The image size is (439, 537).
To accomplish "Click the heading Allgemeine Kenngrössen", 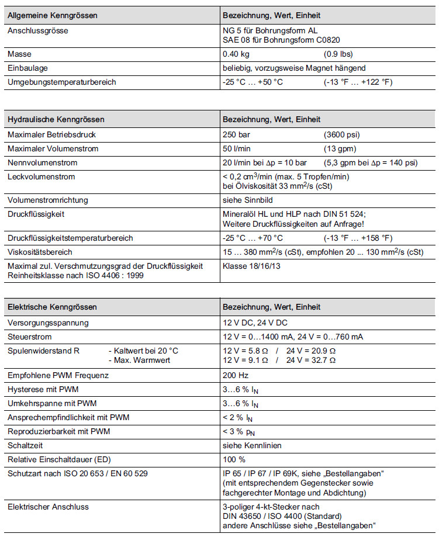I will point(53,15).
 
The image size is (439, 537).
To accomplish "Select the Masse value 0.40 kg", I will point(237,54).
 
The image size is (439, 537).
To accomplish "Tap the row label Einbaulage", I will point(27,68).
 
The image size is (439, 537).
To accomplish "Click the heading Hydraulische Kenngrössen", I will point(56,120).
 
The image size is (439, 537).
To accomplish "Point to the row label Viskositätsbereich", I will point(40,252).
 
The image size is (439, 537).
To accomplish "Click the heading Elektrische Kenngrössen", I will point(52,307).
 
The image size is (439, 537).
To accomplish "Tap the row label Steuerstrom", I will point(29,337).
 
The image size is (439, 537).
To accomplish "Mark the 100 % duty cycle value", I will point(234,459).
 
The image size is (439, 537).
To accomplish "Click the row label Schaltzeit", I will point(26,445).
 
